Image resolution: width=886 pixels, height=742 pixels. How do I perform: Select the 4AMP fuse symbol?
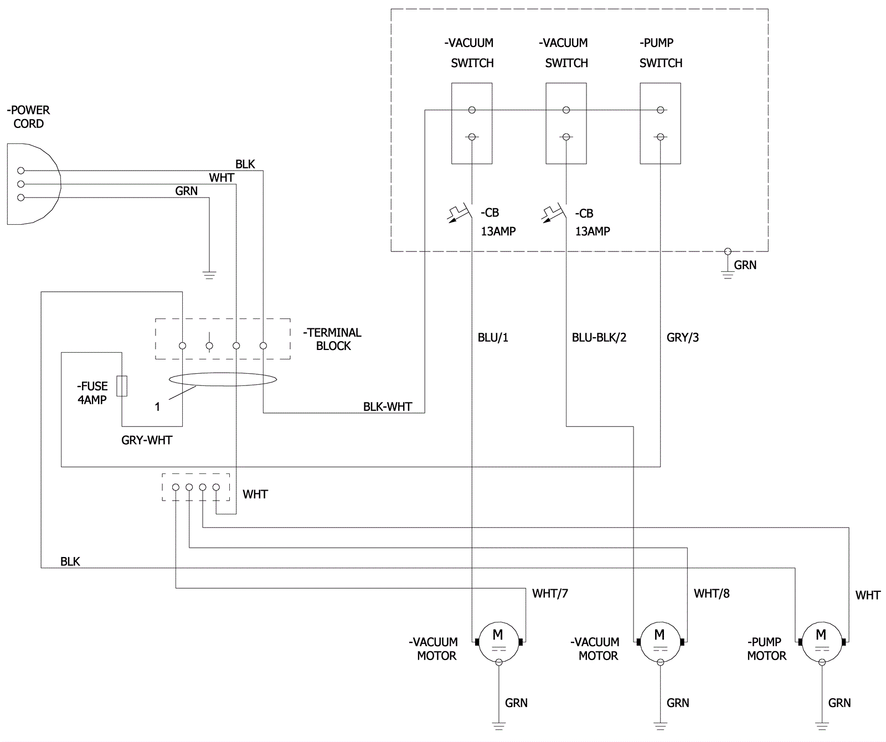122,386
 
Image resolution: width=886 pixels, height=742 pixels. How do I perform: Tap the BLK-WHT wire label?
388,406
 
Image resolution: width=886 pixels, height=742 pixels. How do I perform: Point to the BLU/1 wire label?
493,337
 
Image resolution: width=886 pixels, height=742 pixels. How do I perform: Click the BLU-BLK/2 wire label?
599,337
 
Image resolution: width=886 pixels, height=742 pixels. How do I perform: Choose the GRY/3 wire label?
683,337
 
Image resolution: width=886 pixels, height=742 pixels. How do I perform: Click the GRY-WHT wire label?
147,440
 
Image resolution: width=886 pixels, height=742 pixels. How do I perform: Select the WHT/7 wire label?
550,594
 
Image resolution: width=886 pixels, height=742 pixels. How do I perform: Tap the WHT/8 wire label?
712,594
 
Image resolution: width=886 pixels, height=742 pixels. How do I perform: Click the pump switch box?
660,123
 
